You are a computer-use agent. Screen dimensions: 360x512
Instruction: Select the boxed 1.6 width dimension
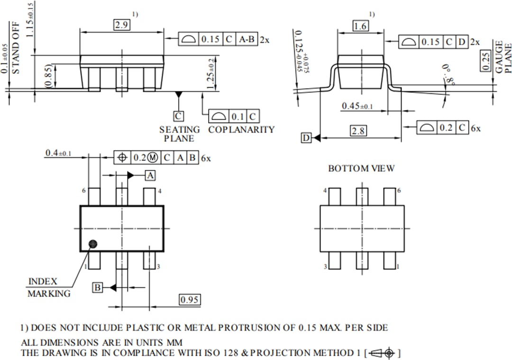360,26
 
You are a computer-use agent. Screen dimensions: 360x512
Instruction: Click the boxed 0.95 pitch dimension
189,299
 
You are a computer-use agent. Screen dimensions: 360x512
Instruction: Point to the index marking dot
93,243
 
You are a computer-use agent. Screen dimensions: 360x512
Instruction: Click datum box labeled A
150,175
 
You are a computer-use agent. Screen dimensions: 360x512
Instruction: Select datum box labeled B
97,288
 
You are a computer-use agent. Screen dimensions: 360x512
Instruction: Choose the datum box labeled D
306,138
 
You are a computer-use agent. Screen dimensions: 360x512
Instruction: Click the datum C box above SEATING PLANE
178,116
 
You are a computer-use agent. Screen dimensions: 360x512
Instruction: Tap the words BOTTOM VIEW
361,168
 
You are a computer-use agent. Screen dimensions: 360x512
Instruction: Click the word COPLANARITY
241,129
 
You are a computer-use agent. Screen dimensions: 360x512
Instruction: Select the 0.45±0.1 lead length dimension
357,106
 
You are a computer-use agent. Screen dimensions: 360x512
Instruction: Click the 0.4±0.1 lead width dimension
58,153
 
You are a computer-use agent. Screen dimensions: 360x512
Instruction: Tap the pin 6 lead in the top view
94,197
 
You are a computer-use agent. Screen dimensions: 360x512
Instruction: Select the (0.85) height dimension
49,75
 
